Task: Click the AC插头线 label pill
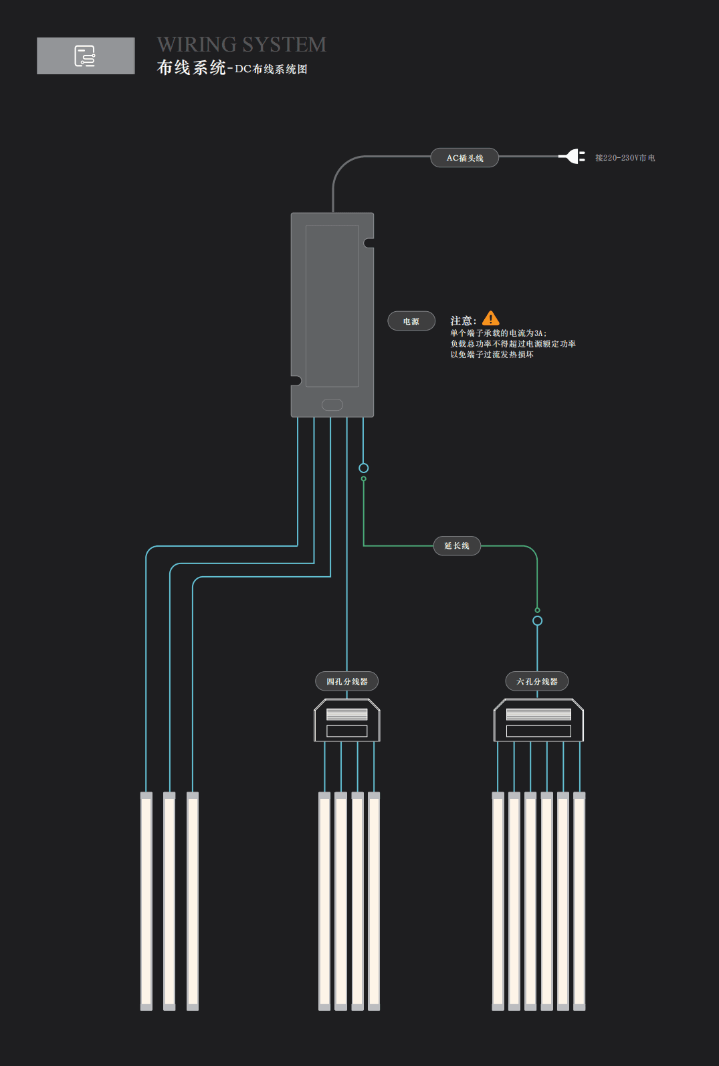click(x=465, y=158)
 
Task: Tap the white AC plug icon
click(x=573, y=157)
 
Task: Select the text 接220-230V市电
click(x=625, y=158)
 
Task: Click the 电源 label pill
click(x=411, y=321)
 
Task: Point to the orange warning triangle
click(x=491, y=319)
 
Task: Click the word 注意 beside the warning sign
click(x=462, y=321)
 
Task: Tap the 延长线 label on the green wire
click(x=457, y=546)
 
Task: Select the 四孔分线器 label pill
click(x=347, y=681)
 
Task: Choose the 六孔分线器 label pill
click(x=537, y=681)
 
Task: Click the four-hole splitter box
click(x=347, y=720)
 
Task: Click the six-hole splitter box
click(x=538, y=720)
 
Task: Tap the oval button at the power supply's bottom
click(x=332, y=405)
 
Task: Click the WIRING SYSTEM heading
click(x=241, y=44)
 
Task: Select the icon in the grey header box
click(x=85, y=56)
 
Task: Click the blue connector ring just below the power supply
click(x=363, y=468)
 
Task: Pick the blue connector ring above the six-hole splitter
click(x=537, y=621)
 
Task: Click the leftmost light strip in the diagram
click(x=146, y=901)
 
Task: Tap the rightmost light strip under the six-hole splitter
click(x=579, y=901)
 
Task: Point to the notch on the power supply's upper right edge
click(x=369, y=243)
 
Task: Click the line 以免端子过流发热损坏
click(x=492, y=355)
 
